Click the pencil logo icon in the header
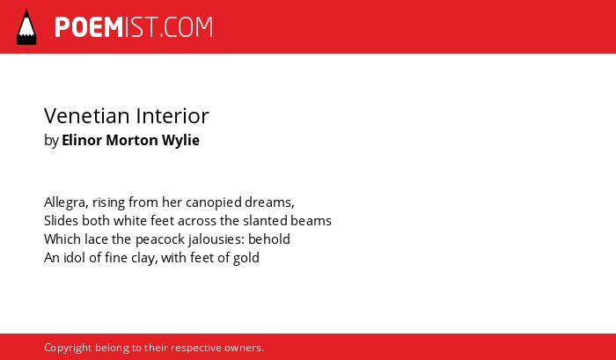point(26,27)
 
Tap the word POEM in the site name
point(89,27)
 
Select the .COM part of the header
point(187,27)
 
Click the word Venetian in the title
point(87,116)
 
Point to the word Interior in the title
point(172,116)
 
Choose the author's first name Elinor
point(82,140)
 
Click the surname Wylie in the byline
point(180,141)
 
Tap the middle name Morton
point(132,140)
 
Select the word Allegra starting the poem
point(66,202)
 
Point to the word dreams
point(269,202)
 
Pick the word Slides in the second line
point(62,220)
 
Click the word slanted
point(265,220)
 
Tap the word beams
point(312,220)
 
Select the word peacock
point(160,239)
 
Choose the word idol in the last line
point(74,257)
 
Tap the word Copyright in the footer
point(68,349)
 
